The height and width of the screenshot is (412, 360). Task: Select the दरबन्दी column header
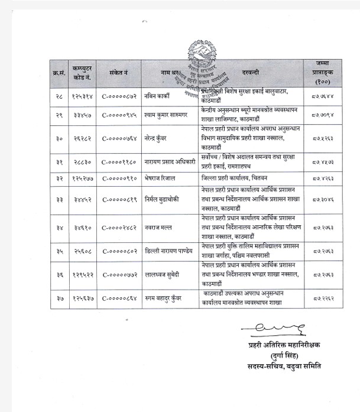(250, 73)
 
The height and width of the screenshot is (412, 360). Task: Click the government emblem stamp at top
(202, 53)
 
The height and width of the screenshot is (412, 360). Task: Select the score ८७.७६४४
(322, 95)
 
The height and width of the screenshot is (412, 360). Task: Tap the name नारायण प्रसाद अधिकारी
(174, 161)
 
